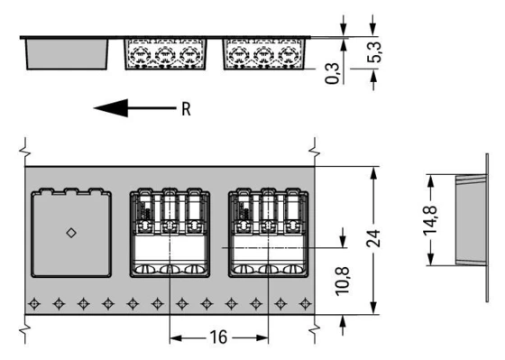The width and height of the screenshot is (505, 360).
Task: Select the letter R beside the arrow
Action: (x=186, y=110)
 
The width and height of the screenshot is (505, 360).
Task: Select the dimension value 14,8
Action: (x=431, y=219)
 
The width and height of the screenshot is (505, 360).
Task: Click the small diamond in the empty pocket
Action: (x=71, y=233)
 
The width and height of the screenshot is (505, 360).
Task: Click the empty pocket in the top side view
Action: (x=66, y=54)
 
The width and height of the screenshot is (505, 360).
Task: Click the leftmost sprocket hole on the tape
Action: (x=34, y=302)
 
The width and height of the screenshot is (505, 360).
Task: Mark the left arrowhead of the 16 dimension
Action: (x=175, y=339)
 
